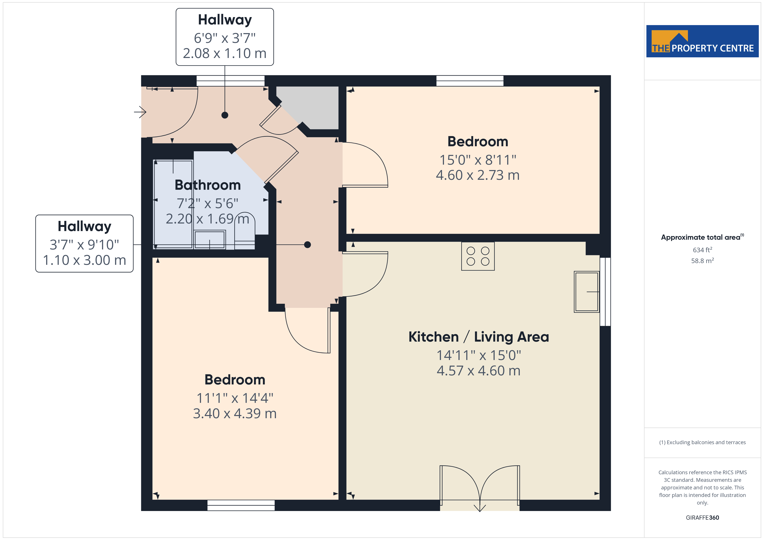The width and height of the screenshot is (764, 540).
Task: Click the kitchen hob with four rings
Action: click(x=478, y=256)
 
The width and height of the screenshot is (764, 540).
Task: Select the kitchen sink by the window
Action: click(x=587, y=292)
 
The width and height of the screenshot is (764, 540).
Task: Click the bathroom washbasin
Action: click(x=210, y=239)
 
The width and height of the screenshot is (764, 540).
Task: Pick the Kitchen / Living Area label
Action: click(x=479, y=337)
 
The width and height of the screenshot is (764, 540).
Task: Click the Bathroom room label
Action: click(x=208, y=185)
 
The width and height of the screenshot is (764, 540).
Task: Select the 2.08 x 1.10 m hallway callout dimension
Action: click(x=225, y=53)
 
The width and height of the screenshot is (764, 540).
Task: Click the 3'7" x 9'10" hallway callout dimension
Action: click(x=84, y=245)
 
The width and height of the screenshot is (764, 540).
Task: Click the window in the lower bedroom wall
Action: click(x=241, y=505)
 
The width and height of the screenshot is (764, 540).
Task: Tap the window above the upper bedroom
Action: click(x=470, y=81)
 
